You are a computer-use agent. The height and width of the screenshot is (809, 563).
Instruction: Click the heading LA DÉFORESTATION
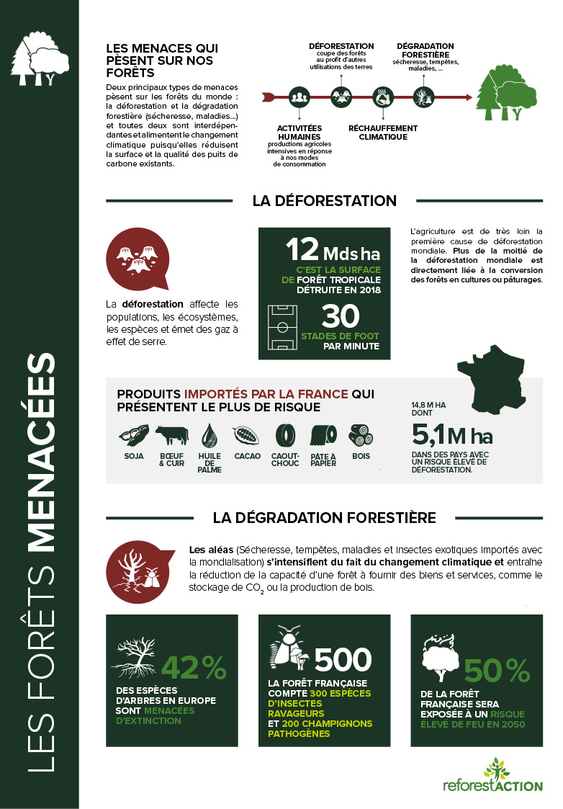coord(324,200)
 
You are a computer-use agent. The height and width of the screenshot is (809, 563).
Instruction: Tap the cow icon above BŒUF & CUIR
coord(172,435)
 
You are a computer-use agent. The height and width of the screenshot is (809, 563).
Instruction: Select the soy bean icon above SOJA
coord(133,435)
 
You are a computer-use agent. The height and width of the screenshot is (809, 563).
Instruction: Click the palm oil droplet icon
coord(209,434)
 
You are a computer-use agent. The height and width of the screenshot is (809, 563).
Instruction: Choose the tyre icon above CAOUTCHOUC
coord(285,434)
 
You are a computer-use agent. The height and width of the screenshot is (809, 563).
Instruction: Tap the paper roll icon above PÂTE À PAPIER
coord(323,434)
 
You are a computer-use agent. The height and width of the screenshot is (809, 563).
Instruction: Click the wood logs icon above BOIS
coord(361,434)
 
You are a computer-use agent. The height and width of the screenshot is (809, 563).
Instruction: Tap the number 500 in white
coord(343,658)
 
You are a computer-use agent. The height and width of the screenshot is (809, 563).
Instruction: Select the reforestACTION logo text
coord(493,785)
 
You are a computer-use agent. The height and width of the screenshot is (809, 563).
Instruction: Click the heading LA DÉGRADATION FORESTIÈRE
coord(324,517)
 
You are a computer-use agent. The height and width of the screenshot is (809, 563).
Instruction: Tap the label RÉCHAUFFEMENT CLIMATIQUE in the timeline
coord(382,133)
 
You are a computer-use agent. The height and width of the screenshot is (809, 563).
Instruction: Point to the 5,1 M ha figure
coord(451,436)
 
